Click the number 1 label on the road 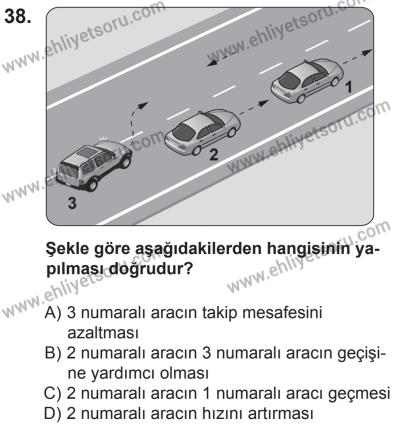click(x=348, y=115)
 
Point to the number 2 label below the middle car click(x=213, y=156)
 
